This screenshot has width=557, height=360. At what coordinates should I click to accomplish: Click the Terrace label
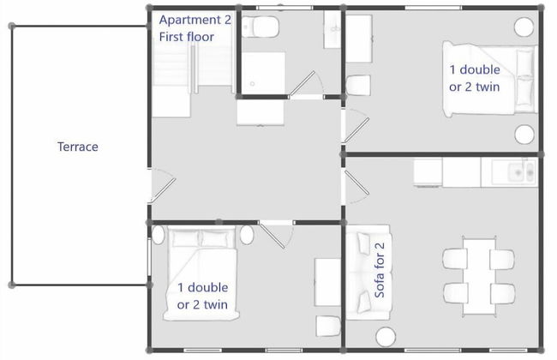[x=77, y=147]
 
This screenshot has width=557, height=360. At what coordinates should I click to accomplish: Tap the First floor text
[x=186, y=37]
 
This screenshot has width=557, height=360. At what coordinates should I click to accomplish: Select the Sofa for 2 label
[x=380, y=270]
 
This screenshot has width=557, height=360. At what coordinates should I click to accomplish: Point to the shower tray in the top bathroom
[x=262, y=73]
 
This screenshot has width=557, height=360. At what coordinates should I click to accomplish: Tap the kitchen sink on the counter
[x=518, y=172]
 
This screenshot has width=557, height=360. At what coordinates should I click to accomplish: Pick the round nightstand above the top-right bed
[x=523, y=27]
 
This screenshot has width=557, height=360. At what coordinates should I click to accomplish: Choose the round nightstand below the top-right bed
[x=523, y=134]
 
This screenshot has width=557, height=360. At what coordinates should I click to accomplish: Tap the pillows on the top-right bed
[x=524, y=81]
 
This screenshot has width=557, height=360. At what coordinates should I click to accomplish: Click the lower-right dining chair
[x=503, y=291]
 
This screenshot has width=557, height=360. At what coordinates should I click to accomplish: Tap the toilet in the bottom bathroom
[x=328, y=326]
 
